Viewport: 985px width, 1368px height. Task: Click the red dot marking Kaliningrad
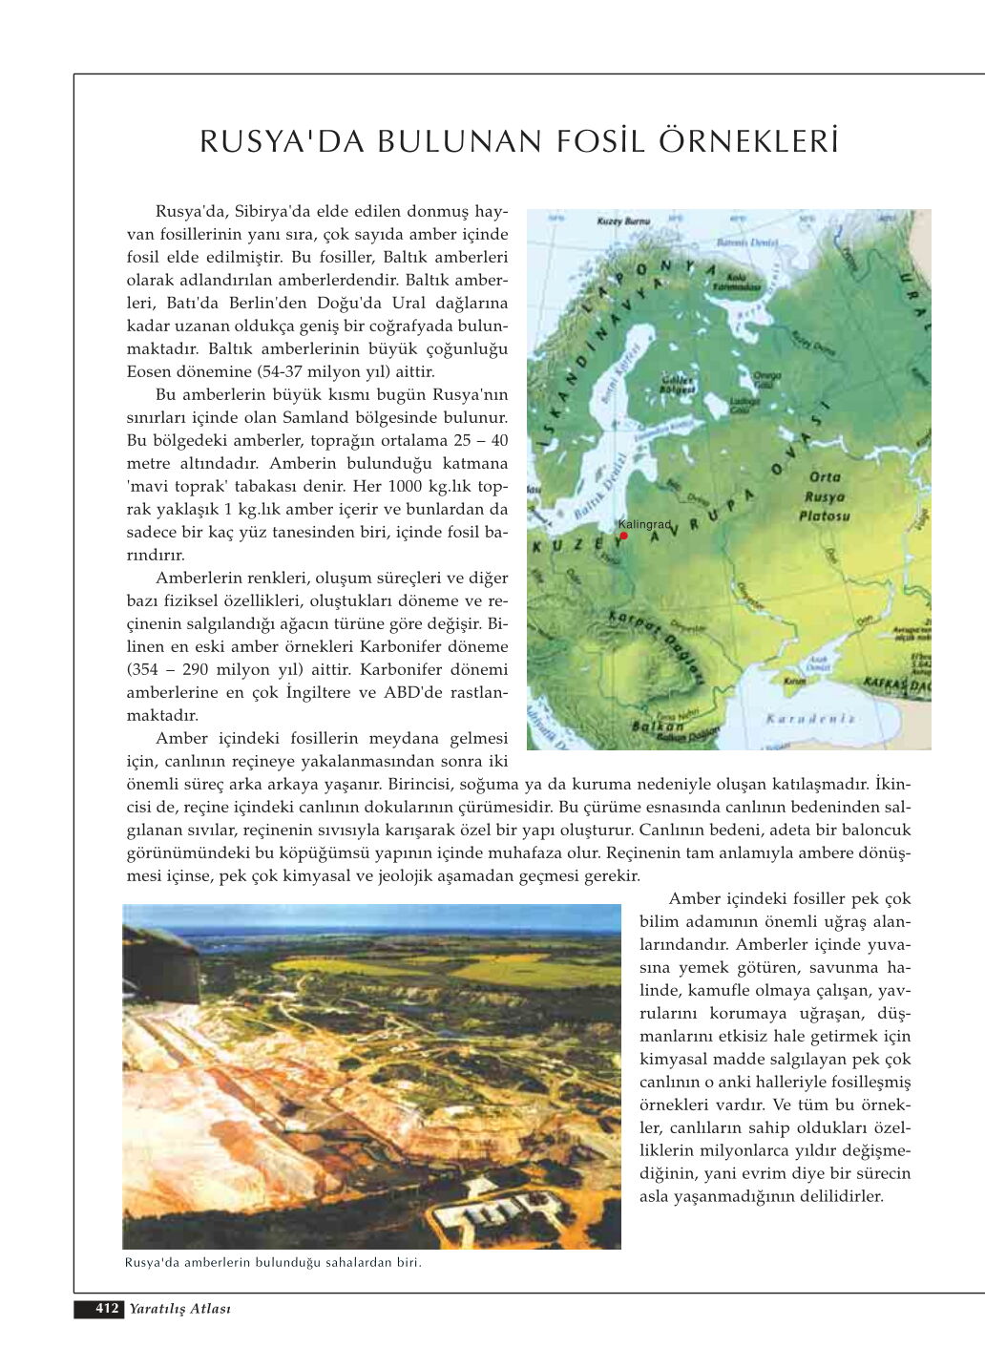click(623, 536)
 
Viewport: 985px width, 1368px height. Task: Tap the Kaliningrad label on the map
click(644, 525)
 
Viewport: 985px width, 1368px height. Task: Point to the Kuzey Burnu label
click(623, 221)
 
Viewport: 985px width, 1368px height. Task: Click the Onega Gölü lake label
click(767, 380)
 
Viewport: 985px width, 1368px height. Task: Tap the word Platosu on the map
click(824, 516)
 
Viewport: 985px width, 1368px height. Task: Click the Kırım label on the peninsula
click(794, 681)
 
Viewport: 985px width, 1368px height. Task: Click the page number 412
click(106, 1309)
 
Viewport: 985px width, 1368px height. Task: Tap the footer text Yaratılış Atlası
click(180, 1309)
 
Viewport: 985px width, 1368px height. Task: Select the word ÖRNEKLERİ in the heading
click(749, 141)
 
